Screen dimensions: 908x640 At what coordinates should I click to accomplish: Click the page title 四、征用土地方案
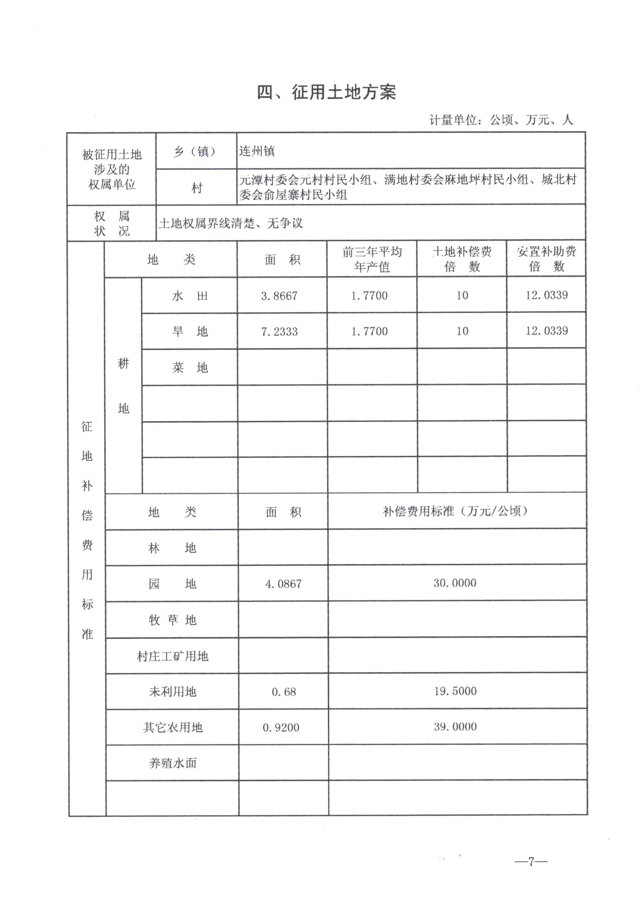coord(326,92)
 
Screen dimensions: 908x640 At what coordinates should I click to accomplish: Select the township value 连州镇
coord(257,151)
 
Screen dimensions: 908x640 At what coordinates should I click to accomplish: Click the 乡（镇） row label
coord(196,151)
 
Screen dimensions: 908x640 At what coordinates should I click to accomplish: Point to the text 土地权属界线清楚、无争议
coord(231,223)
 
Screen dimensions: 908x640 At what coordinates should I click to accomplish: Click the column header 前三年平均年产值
coord(372,259)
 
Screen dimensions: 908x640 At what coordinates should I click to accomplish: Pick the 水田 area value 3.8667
coord(279,296)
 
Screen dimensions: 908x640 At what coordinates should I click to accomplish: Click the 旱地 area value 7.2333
coord(279,331)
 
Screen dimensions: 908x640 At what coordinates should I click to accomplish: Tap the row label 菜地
coord(190,368)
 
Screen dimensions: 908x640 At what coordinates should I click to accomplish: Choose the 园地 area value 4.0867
coord(283,584)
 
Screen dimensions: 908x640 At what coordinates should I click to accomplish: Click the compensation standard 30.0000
coord(455,583)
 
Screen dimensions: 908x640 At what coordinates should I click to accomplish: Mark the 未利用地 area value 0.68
coord(284,692)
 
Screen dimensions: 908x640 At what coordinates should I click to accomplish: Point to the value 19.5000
coord(455,691)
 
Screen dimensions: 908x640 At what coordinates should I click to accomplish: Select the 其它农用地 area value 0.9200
coord(281,727)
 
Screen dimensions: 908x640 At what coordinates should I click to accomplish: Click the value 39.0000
coord(455,726)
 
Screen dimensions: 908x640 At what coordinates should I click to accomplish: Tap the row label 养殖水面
coord(173,763)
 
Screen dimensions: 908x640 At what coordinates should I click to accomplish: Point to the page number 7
coord(531,861)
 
